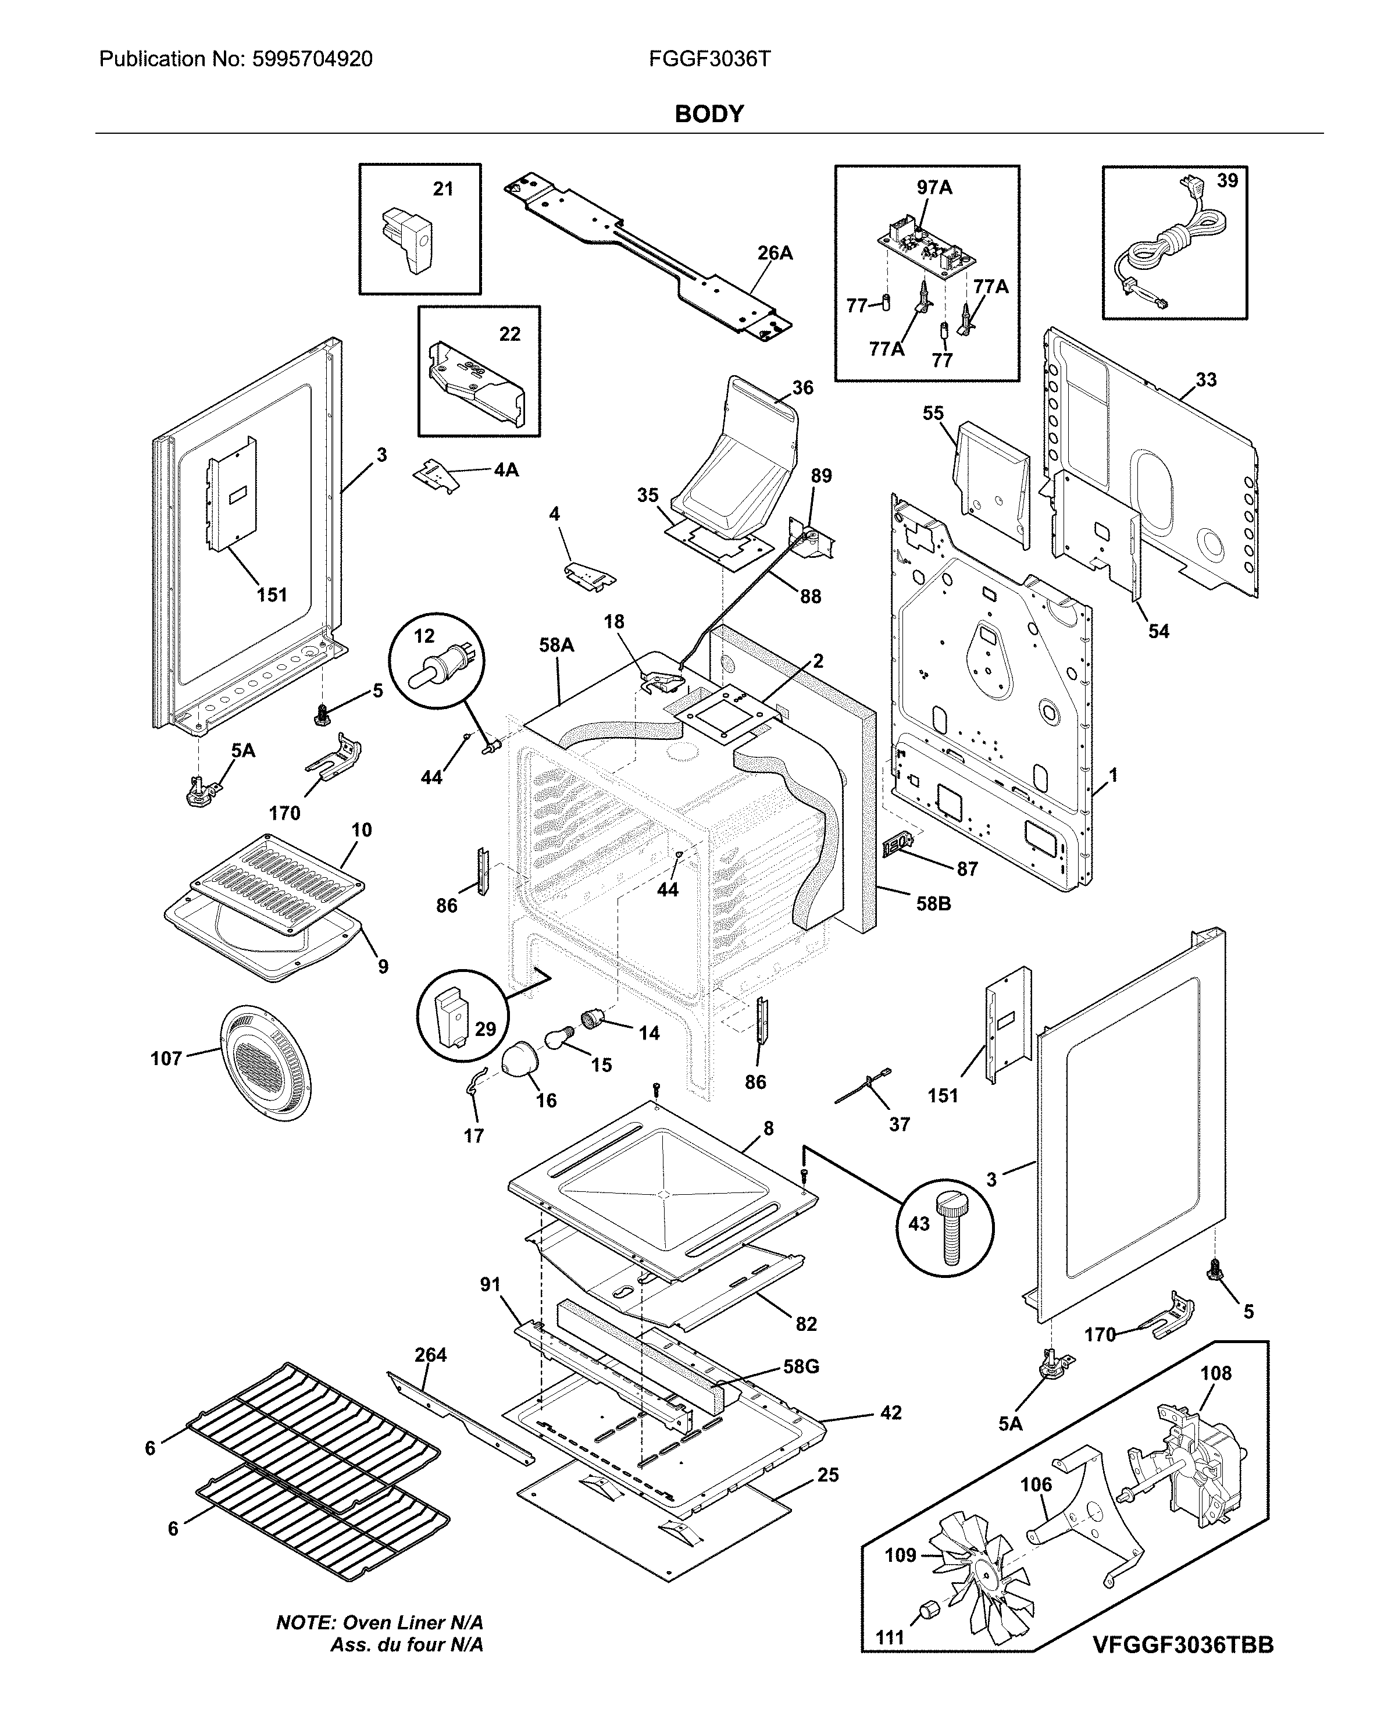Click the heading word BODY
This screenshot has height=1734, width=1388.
coord(708,114)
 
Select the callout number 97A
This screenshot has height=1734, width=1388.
coord(934,187)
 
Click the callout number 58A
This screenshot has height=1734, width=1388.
coord(556,645)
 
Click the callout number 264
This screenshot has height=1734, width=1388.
coord(430,1355)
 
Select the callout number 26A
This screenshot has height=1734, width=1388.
coord(775,254)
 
